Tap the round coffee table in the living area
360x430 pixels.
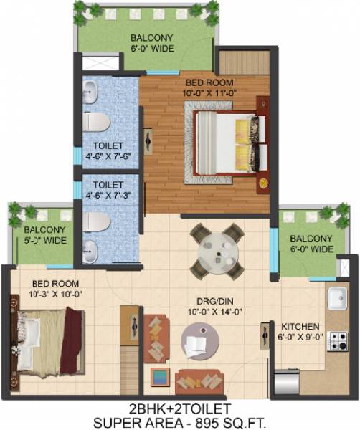pos(199,340)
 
